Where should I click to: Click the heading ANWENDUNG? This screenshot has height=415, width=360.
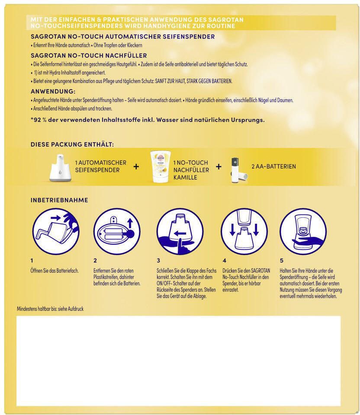pyautogui.click(x=53, y=92)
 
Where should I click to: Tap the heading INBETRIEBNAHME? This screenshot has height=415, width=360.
pyautogui.click(x=59, y=200)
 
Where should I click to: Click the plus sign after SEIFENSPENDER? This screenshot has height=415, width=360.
pyautogui.click(x=136, y=166)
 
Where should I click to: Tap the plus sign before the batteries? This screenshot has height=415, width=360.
pyautogui.click(x=219, y=166)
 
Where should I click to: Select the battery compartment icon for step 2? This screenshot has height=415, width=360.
pyautogui.click(x=116, y=232)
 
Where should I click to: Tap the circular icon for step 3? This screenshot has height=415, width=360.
pyautogui.click(x=180, y=232)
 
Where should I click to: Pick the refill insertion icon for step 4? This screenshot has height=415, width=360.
pyautogui.click(x=243, y=232)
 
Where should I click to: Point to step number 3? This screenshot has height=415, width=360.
pyautogui.click(x=158, y=261)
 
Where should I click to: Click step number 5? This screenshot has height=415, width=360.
pyautogui.click(x=282, y=261)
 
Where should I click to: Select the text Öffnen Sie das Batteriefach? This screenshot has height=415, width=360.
pyautogui.click(x=55, y=271)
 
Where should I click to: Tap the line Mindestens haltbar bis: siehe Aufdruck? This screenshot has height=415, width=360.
pyautogui.click(x=50, y=309)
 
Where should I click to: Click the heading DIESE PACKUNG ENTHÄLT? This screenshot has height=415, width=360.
pyautogui.click(x=72, y=145)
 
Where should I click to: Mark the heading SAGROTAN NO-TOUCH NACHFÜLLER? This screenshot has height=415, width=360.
pyautogui.click(x=89, y=56)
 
